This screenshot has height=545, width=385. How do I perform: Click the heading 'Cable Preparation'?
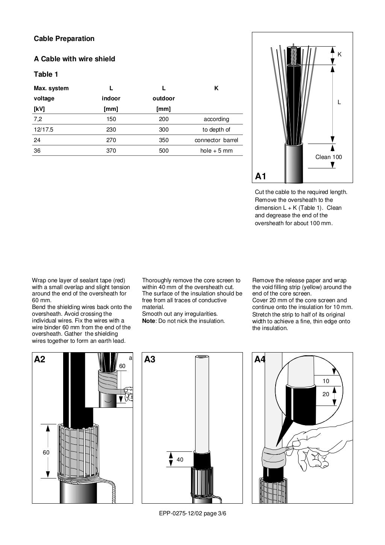[x=64, y=38]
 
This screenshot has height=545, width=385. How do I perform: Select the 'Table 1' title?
[x=46, y=74]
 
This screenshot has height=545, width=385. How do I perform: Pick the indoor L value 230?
[x=111, y=130]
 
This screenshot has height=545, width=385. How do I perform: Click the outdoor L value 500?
[x=164, y=151]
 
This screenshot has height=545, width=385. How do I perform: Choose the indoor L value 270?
[x=111, y=140]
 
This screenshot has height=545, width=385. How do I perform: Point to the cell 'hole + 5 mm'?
[x=216, y=151]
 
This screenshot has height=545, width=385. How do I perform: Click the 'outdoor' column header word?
[x=164, y=98]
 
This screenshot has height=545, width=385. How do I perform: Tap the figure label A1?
[x=261, y=176]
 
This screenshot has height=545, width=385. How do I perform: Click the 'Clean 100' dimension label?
[x=328, y=157]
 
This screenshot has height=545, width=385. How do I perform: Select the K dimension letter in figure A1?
[x=340, y=54]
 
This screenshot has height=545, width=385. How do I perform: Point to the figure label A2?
[x=39, y=359]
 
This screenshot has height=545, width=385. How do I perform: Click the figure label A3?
[x=150, y=359]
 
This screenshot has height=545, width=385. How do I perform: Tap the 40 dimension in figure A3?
[x=180, y=459]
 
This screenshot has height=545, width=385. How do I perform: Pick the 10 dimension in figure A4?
[x=326, y=381]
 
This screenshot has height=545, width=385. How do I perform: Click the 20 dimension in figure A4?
[x=326, y=394]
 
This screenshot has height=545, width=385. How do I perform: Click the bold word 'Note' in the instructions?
[x=149, y=321]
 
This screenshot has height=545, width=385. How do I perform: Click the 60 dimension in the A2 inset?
[x=122, y=366]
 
